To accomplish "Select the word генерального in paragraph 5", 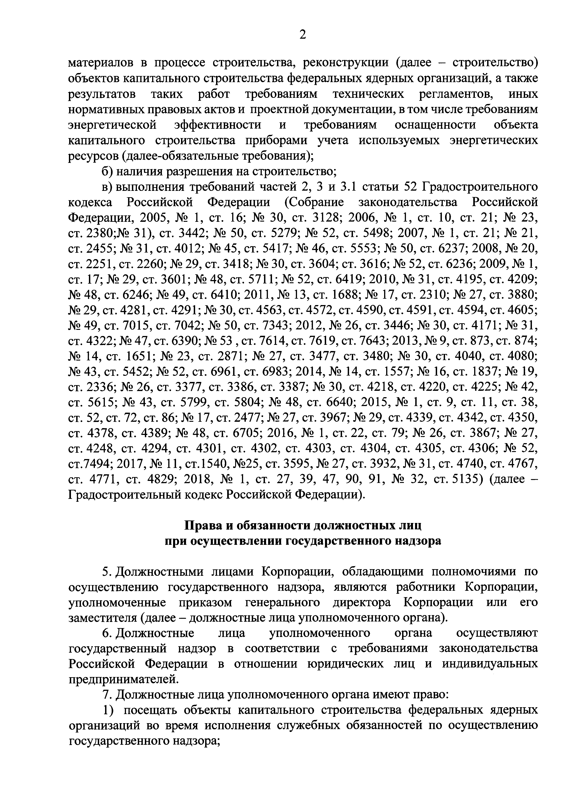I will pos(282,603).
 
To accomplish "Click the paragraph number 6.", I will pos(107,634).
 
